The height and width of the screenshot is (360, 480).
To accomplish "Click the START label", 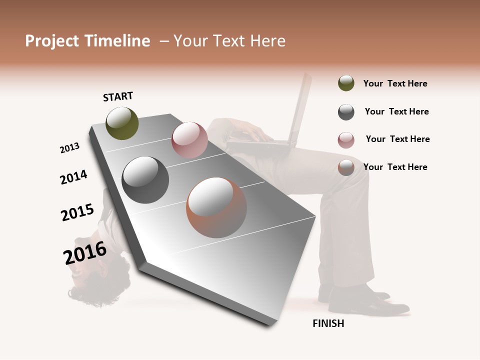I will click(118, 96).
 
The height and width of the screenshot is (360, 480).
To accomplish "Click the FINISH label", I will click(328, 323).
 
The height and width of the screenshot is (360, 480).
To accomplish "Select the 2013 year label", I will click(69, 148).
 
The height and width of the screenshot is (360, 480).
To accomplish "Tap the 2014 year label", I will click(73, 177).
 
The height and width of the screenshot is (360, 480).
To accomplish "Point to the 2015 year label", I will click(77, 212).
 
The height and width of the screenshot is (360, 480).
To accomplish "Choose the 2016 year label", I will click(85, 253).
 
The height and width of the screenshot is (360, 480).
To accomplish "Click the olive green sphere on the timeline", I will click(122, 123).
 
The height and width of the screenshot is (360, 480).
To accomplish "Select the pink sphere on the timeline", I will click(189, 139).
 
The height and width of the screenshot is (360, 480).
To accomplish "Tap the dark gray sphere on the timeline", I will click(145, 180).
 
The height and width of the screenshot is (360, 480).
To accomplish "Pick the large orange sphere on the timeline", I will click(216, 207).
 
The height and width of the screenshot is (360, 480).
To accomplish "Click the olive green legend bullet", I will click(346, 83).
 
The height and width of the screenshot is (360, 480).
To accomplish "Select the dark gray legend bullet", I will click(346, 112).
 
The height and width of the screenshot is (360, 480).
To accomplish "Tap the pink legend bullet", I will click(346, 140).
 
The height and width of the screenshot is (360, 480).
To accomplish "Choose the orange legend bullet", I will click(346, 167).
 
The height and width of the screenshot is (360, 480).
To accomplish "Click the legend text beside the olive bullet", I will click(395, 83).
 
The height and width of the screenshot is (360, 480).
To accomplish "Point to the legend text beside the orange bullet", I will click(395, 167).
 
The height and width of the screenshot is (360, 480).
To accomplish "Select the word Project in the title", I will click(52, 41).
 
